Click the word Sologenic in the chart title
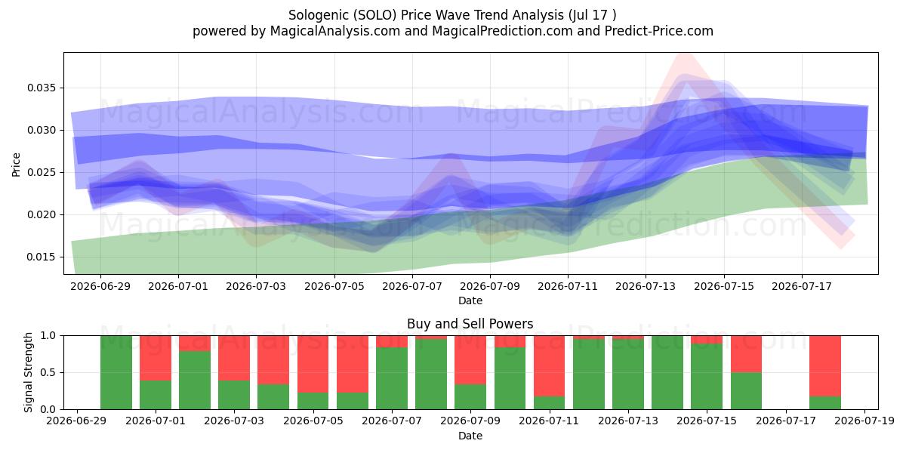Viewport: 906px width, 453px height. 319,15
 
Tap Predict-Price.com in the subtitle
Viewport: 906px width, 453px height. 659,31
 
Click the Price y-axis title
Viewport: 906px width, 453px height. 16,165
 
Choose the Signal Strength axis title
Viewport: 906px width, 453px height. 28,372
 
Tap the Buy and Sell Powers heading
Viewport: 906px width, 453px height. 470,324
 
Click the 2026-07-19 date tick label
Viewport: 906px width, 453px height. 864,421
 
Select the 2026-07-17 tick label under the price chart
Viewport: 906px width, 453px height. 802,287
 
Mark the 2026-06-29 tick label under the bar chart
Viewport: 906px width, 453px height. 76,421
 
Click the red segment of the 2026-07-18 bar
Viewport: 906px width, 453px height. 825,366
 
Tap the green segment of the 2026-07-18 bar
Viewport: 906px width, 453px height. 825,403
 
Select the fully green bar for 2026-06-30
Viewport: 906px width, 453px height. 116,372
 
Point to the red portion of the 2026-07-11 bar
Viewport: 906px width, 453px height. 550,366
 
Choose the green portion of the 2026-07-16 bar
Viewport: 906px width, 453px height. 746,391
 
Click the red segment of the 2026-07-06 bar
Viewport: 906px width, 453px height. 353,364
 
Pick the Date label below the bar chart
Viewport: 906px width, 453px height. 470,436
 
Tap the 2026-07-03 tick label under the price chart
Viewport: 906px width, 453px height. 256,287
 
